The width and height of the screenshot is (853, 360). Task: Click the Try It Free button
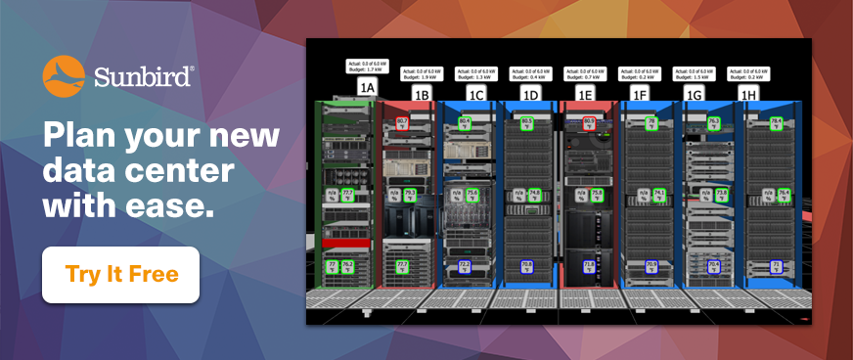click(121, 274)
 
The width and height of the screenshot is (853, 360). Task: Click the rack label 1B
click(422, 94)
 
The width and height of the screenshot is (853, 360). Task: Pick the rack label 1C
click(476, 94)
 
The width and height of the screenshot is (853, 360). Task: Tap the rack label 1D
click(531, 94)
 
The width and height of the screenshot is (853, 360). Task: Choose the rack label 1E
click(585, 94)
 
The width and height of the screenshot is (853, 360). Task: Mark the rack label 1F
click(640, 94)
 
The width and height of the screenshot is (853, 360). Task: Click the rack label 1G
click(695, 94)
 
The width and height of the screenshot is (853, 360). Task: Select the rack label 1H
click(749, 94)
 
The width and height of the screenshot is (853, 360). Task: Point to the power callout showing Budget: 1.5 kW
click(695, 73)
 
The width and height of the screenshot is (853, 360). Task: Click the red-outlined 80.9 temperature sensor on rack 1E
click(589, 123)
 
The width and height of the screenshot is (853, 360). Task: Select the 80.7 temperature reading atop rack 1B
click(403, 123)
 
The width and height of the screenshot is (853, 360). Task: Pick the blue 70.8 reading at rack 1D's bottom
click(526, 265)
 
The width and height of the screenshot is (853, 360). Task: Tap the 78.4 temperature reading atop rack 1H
click(776, 123)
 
